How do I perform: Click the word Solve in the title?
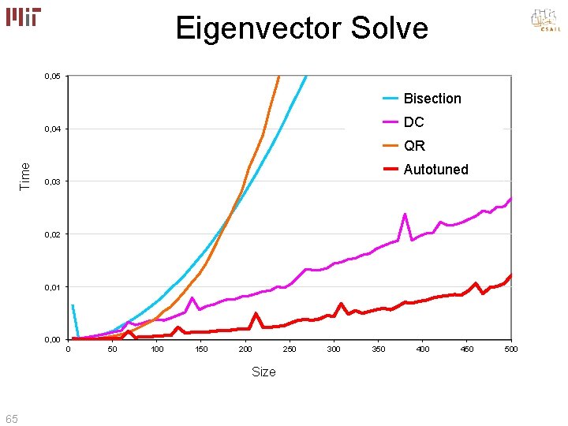(x=386, y=28)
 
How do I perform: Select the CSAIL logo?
(x=545, y=20)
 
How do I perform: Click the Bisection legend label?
(x=432, y=99)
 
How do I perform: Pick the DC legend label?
(x=413, y=122)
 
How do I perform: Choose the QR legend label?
(x=414, y=146)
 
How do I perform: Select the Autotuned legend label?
(x=435, y=170)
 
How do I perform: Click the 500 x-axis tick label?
(x=511, y=349)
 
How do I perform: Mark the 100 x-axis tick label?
(x=157, y=349)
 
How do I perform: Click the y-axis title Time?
(x=25, y=175)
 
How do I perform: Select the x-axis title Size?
(x=263, y=372)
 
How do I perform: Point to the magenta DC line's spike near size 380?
(x=405, y=215)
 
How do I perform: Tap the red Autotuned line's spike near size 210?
(x=256, y=314)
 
